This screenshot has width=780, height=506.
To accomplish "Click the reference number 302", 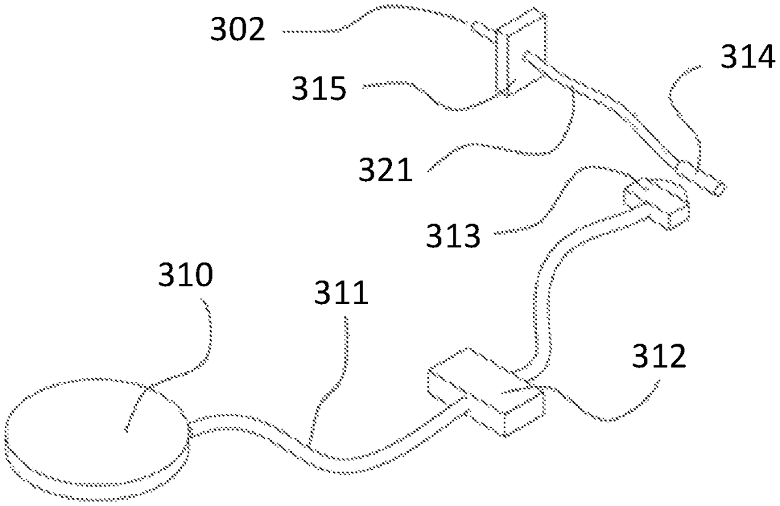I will pos(238,31).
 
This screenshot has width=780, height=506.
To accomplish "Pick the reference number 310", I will pos(185,279).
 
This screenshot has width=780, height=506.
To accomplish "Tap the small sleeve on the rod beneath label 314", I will pos(689,172).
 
